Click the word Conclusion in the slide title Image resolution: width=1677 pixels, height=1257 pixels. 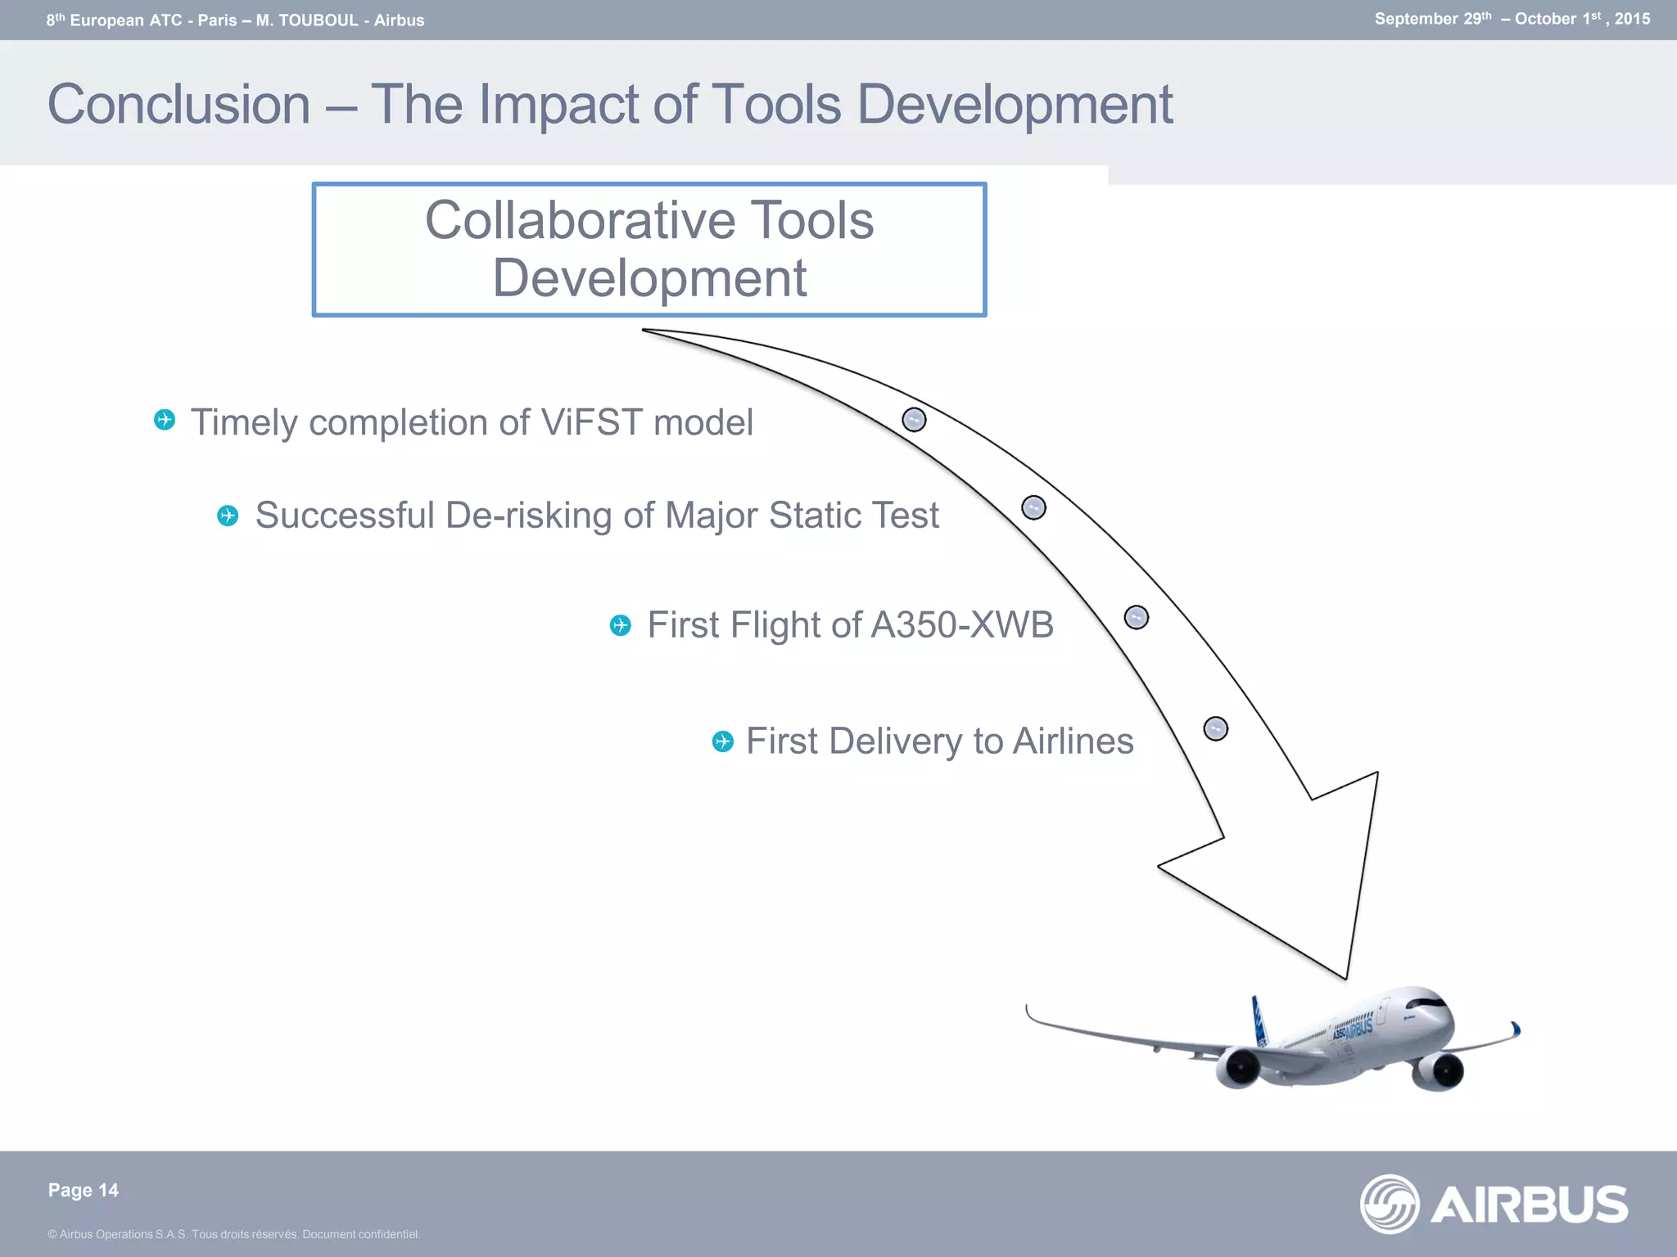pyautogui.click(x=179, y=105)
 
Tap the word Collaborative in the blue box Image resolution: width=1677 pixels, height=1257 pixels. pyautogui.click(x=578, y=220)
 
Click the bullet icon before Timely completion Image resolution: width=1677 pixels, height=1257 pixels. pyautogui.click(x=165, y=420)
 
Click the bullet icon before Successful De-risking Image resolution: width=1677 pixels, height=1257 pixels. pyautogui.click(x=228, y=516)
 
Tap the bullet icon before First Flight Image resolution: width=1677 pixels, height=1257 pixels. pyautogui.click(x=621, y=626)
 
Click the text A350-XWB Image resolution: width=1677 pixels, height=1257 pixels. pyautogui.click(x=961, y=625)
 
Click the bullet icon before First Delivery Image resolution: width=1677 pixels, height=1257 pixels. pyautogui.click(x=722, y=741)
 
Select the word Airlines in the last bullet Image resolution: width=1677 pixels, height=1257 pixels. pyautogui.click(x=1073, y=741)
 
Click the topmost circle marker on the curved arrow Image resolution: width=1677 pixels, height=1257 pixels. pyautogui.click(x=914, y=420)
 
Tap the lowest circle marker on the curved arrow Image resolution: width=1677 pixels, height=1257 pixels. pyautogui.click(x=1215, y=728)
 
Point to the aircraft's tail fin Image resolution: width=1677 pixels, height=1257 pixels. pyautogui.click(x=1259, y=1019)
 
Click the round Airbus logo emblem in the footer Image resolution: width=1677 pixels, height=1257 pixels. pyautogui.click(x=1389, y=1204)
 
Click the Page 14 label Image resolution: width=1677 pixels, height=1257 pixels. pyautogui.click(x=83, y=1190)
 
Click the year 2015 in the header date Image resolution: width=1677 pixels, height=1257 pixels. pyautogui.click(x=1632, y=19)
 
